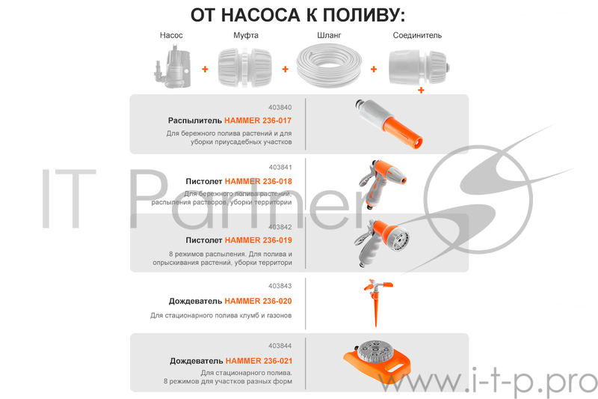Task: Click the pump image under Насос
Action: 171,66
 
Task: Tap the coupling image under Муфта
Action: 242,67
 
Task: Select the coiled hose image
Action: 329,66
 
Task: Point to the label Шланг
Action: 329,35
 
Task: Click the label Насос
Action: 171,35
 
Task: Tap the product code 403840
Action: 280,107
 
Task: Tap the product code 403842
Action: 280,227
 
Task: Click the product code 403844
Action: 280,346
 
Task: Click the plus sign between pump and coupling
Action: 205,69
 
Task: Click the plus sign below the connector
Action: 421,91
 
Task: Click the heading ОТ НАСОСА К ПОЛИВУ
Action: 298,14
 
